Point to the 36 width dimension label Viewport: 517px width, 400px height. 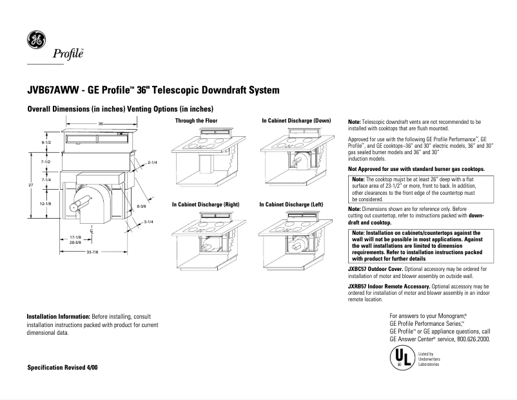pos(101,123)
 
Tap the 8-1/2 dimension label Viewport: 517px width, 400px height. pos(46,141)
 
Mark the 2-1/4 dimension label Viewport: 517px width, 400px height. pos(153,163)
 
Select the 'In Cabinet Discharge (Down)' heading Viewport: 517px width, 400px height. pos(296,121)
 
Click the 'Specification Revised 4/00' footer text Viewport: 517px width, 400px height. pos(63,366)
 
